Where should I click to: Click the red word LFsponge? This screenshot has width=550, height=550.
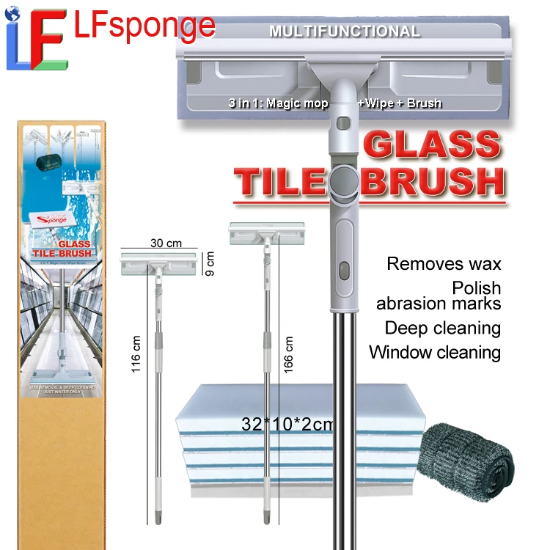click(x=145, y=26)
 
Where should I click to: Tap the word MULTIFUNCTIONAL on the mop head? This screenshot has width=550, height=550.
click(x=344, y=32)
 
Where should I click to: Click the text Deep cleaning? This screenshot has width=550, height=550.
click(x=442, y=328)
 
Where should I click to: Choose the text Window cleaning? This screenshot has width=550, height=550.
click(x=435, y=352)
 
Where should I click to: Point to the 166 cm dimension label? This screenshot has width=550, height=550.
click(x=288, y=354)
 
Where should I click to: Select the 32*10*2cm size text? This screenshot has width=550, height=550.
click(x=287, y=424)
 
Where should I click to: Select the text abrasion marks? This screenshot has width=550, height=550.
click(x=439, y=304)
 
